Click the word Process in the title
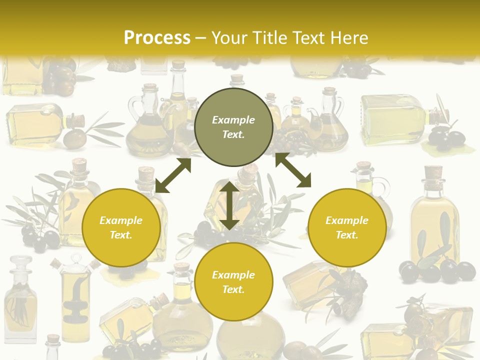(x=157, y=38)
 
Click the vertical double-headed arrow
(x=229, y=205)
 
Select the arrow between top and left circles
(x=173, y=175)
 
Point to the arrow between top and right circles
(x=293, y=170)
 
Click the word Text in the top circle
(x=233, y=134)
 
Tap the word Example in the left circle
(x=121, y=220)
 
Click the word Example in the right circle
(x=347, y=220)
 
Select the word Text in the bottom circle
(x=233, y=289)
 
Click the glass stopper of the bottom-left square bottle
(x=20, y=263)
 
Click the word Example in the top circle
(x=233, y=120)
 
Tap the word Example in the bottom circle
(x=233, y=275)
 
